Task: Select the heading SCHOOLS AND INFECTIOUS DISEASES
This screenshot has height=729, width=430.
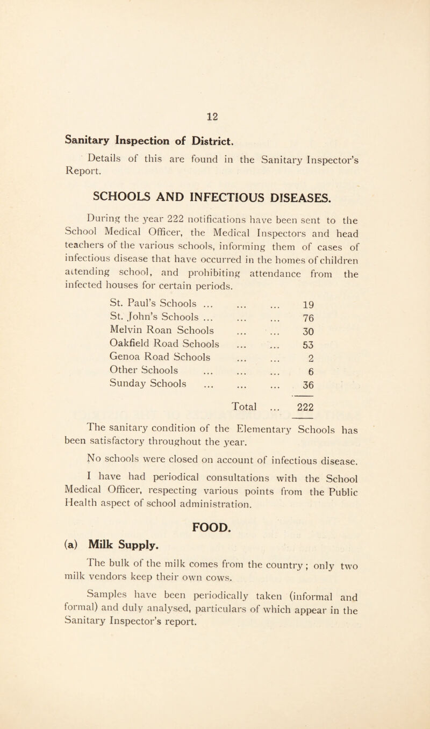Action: click(214, 163)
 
